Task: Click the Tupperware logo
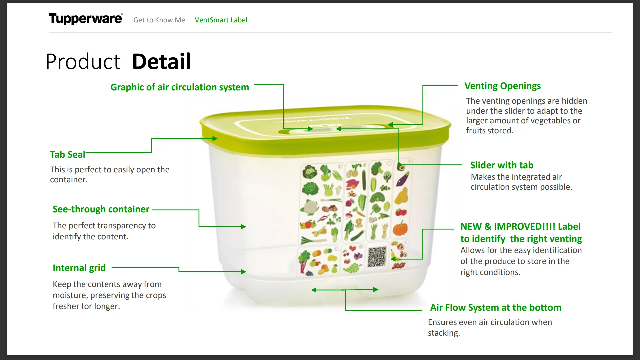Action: [x=85, y=19]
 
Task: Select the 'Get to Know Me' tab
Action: [x=159, y=20]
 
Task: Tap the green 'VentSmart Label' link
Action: [x=221, y=20]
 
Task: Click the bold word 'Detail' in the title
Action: [x=161, y=62]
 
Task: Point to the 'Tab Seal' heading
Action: [x=68, y=155]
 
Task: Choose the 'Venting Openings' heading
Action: [x=502, y=86]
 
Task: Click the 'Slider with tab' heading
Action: [x=502, y=165]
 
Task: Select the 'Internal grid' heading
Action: [x=79, y=268]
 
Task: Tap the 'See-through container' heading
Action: [x=101, y=209]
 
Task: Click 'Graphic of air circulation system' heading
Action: [x=180, y=87]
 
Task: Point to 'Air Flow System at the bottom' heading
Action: [x=496, y=308]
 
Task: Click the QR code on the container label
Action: [x=377, y=257]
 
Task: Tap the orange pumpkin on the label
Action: [x=400, y=229]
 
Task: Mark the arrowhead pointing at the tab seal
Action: [x=215, y=139]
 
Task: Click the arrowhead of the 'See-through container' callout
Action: [x=244, y=227]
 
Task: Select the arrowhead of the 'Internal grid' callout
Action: [x=244, y=272]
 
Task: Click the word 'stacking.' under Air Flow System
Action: [x=444, y=333]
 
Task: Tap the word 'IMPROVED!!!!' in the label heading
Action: [x=524, y=227]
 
